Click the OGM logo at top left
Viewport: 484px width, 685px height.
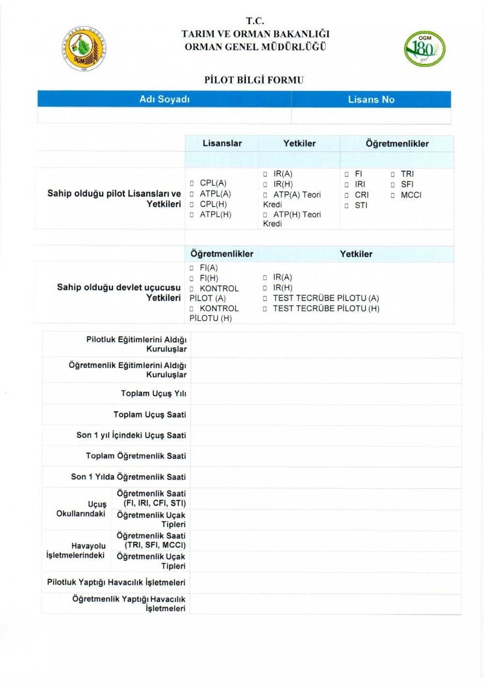[85, 49]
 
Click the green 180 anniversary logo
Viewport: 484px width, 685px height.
[424, 49]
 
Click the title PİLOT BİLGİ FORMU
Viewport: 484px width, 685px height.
[254, 80]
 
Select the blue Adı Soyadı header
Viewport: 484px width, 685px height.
[165, 99]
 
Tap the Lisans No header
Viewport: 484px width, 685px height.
[371, 99]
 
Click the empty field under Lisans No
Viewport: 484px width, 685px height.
[371, 116]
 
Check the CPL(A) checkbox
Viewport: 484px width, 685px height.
[192, 183]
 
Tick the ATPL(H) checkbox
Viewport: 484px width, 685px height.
[192, 215]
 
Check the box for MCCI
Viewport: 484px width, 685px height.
[393, 196]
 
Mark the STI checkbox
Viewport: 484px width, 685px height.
[347, 206]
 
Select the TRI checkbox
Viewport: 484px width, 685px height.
[393, 174]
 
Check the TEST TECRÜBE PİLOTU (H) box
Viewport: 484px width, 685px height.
[265, 309]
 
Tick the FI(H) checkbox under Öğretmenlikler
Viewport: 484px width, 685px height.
[192, 279]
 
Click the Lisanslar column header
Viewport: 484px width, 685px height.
[222, 143]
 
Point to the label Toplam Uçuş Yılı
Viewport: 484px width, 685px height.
[153, 394]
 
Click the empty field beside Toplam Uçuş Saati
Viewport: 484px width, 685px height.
[325, 415]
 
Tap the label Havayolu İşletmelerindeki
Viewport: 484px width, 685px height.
[76, 551]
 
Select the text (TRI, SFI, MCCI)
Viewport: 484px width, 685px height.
[155, 545]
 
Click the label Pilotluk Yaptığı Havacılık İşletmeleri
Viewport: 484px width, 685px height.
[116, 582]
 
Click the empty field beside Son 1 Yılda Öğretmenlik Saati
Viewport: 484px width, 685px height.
[325, 477]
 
